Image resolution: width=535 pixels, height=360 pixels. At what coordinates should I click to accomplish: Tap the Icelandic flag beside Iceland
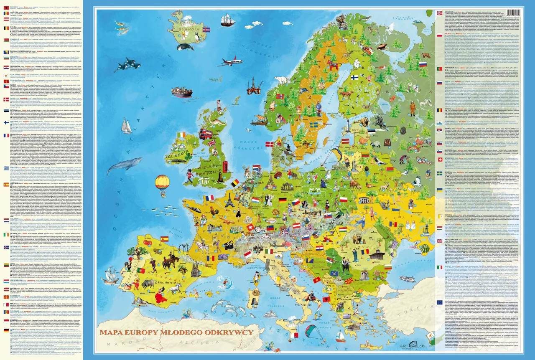pyautogui.click(x=206, y=30)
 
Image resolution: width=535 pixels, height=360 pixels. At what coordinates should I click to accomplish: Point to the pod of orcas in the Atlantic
pyautogui.click(x=127, y=65)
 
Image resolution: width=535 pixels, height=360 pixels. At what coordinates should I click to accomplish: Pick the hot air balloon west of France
pyautogui.click(x=162, y=183)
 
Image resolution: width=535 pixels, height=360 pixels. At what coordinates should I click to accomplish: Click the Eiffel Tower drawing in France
pyautogui.click(x=229, y=200)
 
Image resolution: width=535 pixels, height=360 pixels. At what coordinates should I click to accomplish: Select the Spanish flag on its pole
pyautogui.click(x=164, y=239)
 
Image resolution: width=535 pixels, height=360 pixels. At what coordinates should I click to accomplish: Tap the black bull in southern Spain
pyautogui.click(x=148, y=284)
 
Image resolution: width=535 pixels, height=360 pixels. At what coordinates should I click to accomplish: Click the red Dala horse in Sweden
pyautogui.click(x=334, y=66)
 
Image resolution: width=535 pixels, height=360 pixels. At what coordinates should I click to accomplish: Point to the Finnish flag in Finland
pyautogui.click(x=354, y=77)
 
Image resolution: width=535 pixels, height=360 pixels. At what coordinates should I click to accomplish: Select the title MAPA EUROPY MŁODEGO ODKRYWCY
pyautogui.click(x=176, y=332)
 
